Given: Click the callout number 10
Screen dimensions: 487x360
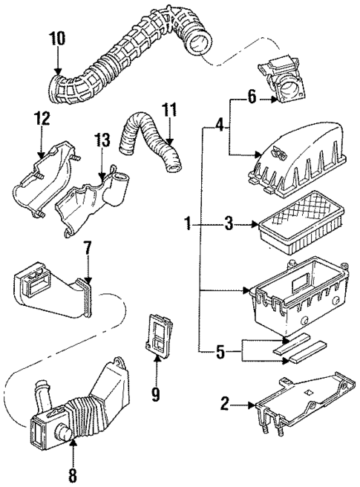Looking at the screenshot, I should pos(58,37).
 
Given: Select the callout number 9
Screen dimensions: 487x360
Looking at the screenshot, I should pos(155,393).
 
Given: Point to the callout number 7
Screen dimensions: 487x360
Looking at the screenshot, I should pos(87,246).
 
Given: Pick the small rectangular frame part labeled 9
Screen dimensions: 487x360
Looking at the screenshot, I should pos(157,336).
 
